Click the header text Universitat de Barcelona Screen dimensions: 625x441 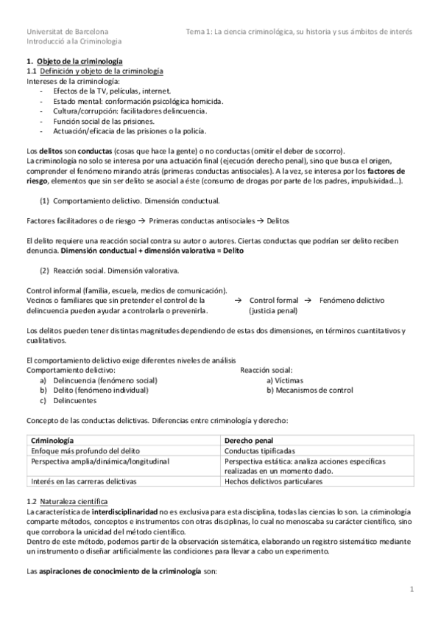67,32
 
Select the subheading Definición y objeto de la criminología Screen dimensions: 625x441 101,71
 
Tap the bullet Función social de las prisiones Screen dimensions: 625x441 103,120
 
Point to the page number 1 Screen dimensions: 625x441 413,589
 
